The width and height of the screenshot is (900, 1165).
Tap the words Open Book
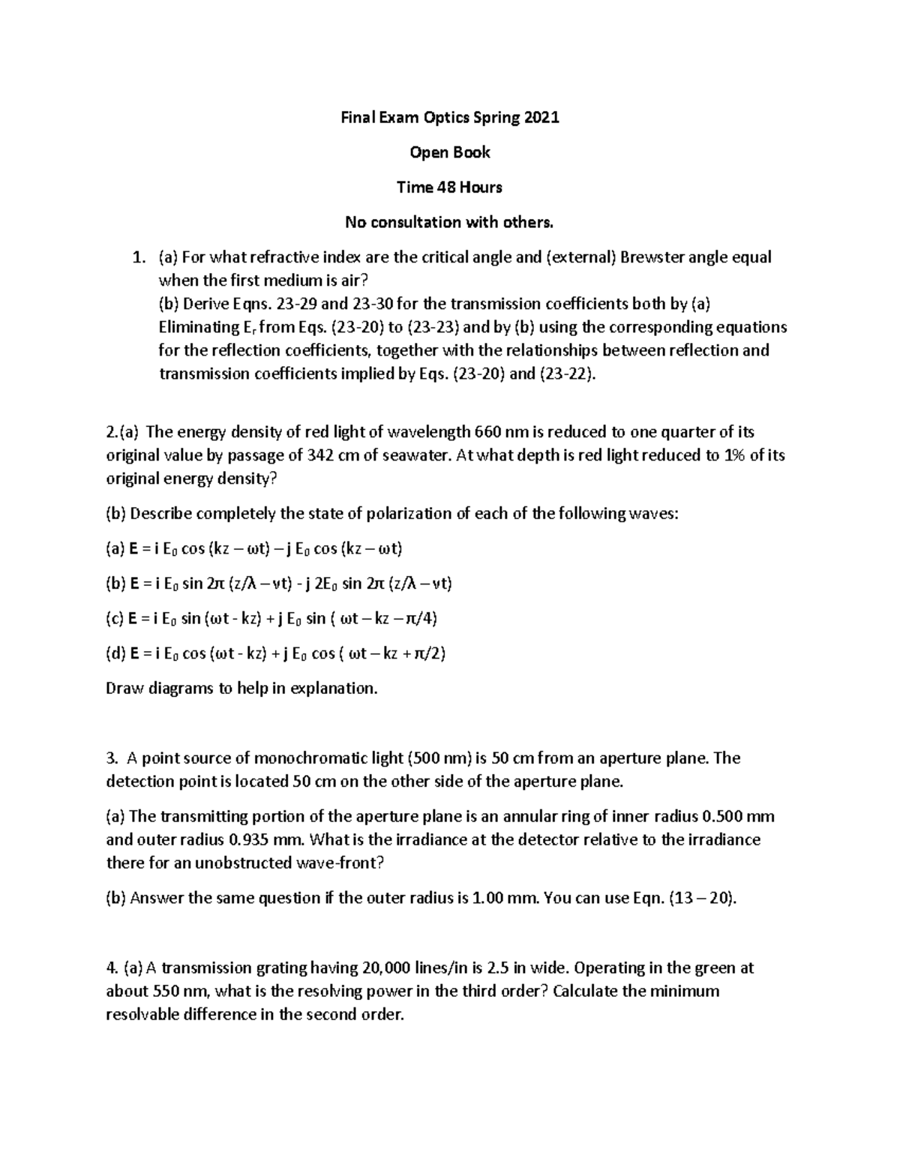(x=449, y=152)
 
